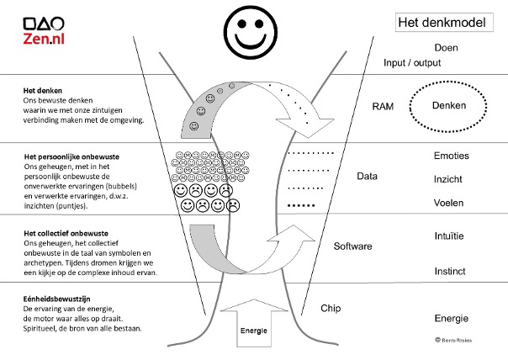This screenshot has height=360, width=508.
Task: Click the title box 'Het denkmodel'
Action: tap(441, 23)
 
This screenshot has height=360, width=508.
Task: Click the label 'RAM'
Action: tap(384, 107)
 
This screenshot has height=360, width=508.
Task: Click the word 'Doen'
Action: tap(446, 48)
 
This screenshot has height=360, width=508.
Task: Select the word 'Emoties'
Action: tap(451, 156)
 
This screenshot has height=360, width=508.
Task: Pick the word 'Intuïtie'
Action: tap(450, 236)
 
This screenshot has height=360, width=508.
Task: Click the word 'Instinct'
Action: tap(450, 272)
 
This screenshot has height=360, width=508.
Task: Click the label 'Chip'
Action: tap(331, 309)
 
